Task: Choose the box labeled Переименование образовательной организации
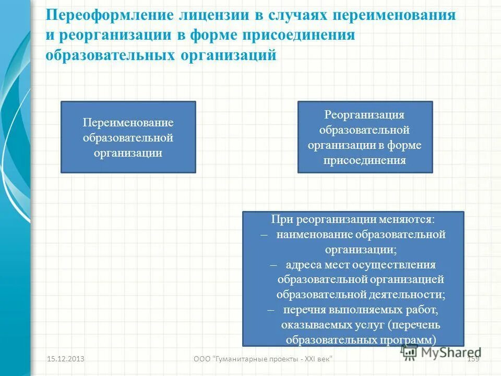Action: [x=128, y=137]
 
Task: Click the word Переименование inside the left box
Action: [x=128, y=123]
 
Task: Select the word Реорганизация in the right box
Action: [x=365, y=114]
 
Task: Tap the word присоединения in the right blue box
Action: [x=365, y=160]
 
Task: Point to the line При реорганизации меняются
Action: [x=353, y=219]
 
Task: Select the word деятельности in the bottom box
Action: [x=408, y=295]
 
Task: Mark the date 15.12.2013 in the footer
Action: [x=66, y=359]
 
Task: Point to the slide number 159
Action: [x=473, y=359]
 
